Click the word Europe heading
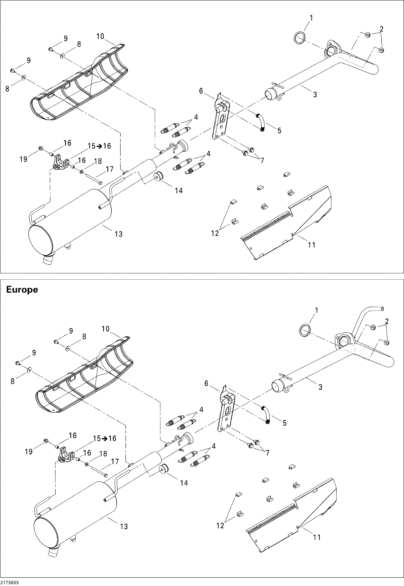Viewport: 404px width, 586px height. click(22, 289)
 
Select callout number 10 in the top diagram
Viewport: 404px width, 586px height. click(100, 36)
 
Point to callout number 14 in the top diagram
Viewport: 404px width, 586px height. click(179, 190)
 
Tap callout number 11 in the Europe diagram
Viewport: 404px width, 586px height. click(317, 537)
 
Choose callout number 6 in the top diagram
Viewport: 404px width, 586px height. click(201, 91)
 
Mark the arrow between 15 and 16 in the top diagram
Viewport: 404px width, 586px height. click(99, 146)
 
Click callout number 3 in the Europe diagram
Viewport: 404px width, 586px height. click(320, 387)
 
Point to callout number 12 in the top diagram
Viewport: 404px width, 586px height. click(215, 233)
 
